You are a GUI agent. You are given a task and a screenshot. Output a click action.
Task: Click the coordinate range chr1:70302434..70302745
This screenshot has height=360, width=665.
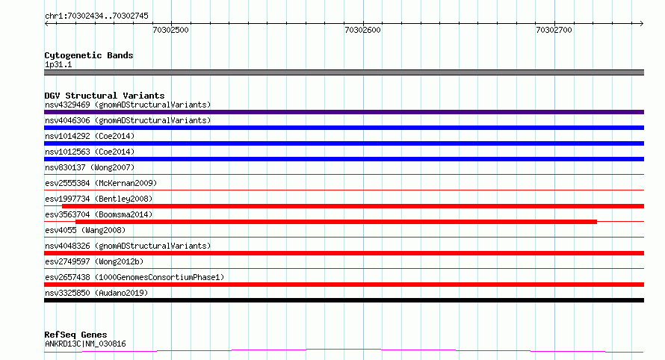point(96,16)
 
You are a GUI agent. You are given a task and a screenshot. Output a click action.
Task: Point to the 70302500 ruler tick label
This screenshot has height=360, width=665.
point(170,30)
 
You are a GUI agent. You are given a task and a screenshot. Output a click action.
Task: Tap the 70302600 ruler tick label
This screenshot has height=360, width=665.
point(362,30)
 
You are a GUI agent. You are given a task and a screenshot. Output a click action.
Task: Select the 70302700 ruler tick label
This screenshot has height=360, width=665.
point(554,30)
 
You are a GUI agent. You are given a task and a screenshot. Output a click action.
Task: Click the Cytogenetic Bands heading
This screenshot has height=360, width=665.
point(89,55)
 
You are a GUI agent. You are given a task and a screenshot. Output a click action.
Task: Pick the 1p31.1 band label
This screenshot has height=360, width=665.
point(58,64)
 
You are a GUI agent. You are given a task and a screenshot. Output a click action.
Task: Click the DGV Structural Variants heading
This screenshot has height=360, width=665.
point(105,96)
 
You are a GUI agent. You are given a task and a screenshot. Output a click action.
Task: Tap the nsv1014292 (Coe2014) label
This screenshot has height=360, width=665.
point(90,136)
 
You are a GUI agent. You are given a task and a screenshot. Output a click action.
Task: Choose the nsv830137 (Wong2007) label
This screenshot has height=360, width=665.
point(90,167)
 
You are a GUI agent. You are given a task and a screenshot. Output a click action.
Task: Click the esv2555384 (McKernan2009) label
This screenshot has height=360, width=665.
point(101,183)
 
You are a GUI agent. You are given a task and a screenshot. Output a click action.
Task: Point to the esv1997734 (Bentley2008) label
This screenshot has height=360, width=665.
point(99,199)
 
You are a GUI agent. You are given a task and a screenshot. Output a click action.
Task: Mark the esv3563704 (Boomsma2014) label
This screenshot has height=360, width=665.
point(99,214)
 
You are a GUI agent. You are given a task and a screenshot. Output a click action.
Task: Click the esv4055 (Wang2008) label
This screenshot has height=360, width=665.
point(85,230)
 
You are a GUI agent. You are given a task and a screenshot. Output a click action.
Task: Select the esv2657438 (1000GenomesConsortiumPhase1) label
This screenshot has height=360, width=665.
point(134,277)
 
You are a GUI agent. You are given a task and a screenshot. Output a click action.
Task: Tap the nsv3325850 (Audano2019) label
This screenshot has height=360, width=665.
point(96,293)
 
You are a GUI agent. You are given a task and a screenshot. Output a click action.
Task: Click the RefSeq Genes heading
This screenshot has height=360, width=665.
point(75,335)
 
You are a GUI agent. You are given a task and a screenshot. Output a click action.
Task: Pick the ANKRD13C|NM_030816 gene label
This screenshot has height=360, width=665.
point(85,344)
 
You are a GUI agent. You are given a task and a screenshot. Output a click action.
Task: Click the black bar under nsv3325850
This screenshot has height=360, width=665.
point(344,300)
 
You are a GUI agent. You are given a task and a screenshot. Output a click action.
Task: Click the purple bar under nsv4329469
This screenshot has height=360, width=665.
point(344,112)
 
